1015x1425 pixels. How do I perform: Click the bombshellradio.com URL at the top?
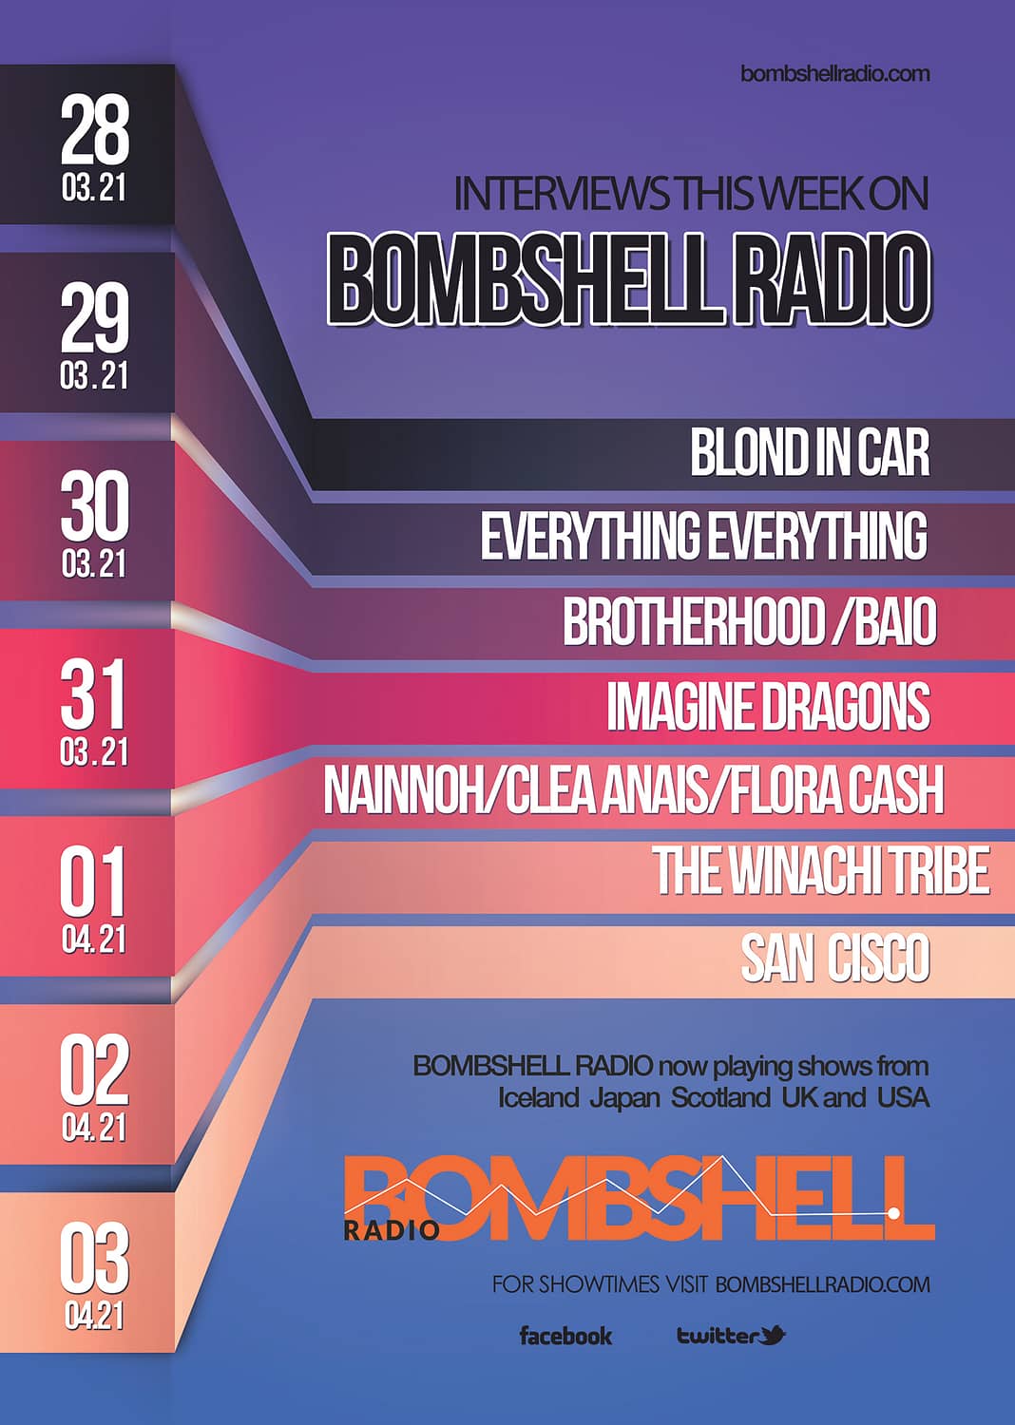coord(835,74)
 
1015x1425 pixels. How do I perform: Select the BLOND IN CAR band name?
coord(810,452)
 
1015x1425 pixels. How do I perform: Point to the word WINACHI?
coord(803,870)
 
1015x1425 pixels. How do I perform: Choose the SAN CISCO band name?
coord(834,958)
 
